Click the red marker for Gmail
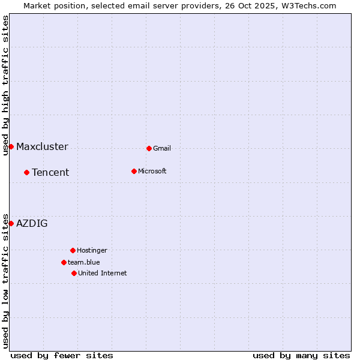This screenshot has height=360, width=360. (149, 148)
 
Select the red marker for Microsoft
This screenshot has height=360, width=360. (134, 171)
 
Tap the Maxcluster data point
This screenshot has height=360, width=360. (11, 146)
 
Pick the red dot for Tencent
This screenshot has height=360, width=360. (26, 172)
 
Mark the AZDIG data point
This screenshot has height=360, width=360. (11, 223)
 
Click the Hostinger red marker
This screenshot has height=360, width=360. (73, 250)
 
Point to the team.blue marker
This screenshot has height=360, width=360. (64, 262)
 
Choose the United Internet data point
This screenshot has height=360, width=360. (74, 273)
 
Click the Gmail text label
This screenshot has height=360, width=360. (162, 148)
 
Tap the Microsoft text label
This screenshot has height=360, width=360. (152, 171)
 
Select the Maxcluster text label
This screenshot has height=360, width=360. (42, 147)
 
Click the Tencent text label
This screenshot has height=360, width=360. (50, 173)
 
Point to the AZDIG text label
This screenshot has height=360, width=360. (32, 224)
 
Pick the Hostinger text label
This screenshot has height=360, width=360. (92, 250)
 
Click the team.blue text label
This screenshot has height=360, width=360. (84, 262)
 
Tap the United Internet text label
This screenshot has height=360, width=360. (103, 273)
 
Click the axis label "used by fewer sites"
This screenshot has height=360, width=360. (62, 355)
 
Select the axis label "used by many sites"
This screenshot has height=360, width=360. (301, 355)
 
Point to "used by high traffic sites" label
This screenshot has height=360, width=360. (5, 85)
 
